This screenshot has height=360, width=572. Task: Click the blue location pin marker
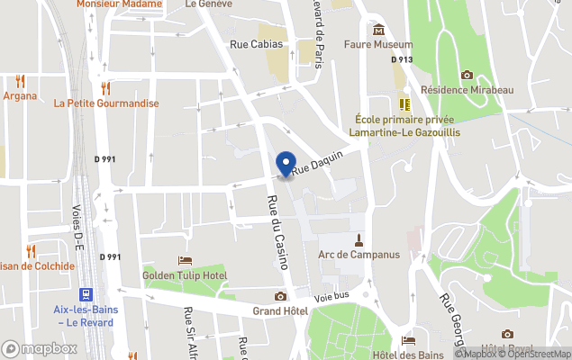(x=286, y=165)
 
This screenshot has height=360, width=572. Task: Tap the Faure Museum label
(x=378, y=44)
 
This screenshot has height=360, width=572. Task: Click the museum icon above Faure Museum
(x=378, y=29)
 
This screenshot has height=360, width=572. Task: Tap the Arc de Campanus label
(x=359, y=255)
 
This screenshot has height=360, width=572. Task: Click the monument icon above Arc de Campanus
(x=359, y=239)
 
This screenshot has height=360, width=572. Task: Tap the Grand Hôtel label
(x=280, y=311)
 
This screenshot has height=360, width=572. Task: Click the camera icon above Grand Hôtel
(x=280, y=296)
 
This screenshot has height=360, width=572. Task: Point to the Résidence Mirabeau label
(x=467, y=90)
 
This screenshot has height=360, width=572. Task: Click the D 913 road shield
(x=401, y=59)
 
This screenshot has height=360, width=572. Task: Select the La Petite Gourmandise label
(x=106, y=103)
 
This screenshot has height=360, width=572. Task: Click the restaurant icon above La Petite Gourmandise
(x=106, y=87)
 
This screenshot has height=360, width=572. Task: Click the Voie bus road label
(x=331, y=296)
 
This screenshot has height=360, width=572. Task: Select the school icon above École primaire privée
(x=404, y=104)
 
